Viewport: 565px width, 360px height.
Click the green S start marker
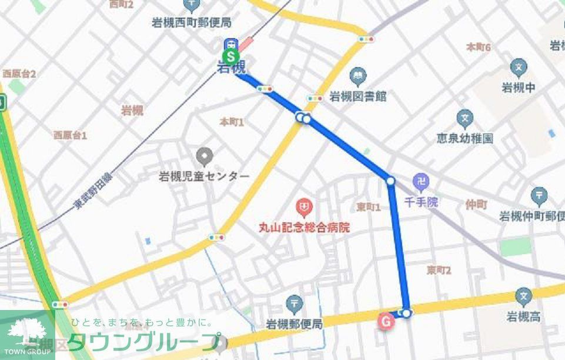(232, 57)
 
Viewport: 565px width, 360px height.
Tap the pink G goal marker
(386, 321)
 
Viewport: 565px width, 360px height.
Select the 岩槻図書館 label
(357, 96)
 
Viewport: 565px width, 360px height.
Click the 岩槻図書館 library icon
(357, 76)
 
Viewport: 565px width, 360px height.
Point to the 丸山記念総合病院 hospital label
(304, 226)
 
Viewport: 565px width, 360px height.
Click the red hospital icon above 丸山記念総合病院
(304, 206)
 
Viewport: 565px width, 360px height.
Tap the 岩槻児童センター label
(204, 176)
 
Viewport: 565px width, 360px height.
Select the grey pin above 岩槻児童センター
(205, 156)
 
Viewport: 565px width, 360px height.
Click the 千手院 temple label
(421, 202)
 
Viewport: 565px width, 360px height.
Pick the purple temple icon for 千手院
(421, 182)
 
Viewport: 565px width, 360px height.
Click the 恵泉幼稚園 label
(464, 138)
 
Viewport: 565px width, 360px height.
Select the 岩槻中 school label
(518, 88)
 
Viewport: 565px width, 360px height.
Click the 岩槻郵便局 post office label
(294, 324)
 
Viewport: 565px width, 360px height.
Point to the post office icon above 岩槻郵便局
(294, 304)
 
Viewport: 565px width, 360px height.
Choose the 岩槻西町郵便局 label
(191, 23)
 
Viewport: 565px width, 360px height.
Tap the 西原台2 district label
(19, 74)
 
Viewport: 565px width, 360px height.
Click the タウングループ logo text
(144, 342)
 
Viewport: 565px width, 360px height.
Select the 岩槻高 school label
(523, 317)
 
